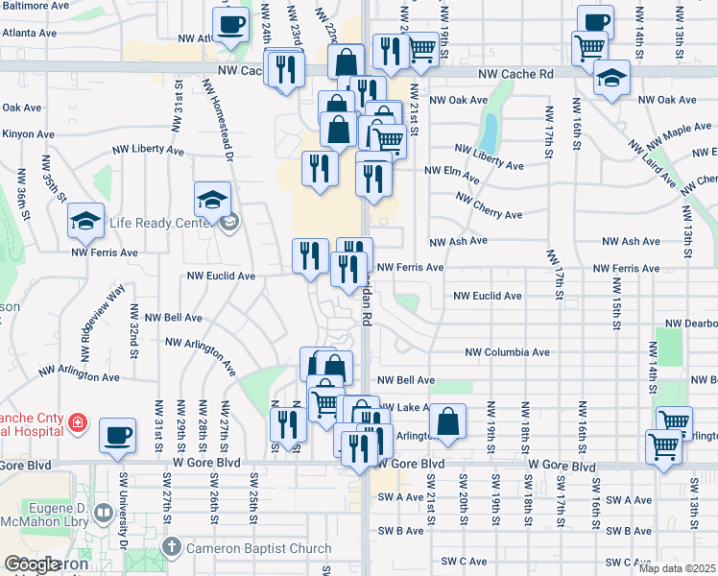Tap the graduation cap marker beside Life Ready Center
point(212,199)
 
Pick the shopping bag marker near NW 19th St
point(447,420)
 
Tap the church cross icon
point(171,548)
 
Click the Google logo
point(32,565)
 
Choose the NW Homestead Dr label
point(220,120)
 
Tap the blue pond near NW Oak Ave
point(491,133)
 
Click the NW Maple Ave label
point(685,130)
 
